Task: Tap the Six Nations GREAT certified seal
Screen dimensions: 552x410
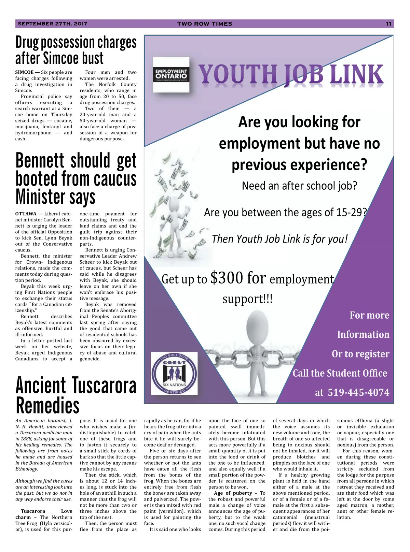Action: pyautogui.click(x=174, y=373)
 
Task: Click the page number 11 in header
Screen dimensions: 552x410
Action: pyautogui.click(x=388, y=24)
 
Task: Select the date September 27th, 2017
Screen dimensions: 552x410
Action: pyautogui.click(x=52, y=24)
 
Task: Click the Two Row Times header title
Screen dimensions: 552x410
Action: pyautogui.click(x=205, y=24)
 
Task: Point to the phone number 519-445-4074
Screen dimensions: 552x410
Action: pyautogui.click(x=358, y=392)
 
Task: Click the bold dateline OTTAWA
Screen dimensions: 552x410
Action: pyautogui.click(x=26, y=214)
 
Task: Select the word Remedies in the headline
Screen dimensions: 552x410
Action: pyautogui.click(x=47, y=406)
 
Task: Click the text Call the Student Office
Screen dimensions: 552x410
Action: pyautogui.click(x=340, y=373)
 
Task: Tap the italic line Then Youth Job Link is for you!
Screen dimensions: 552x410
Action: pyautogui.click(x=279, y=239)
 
